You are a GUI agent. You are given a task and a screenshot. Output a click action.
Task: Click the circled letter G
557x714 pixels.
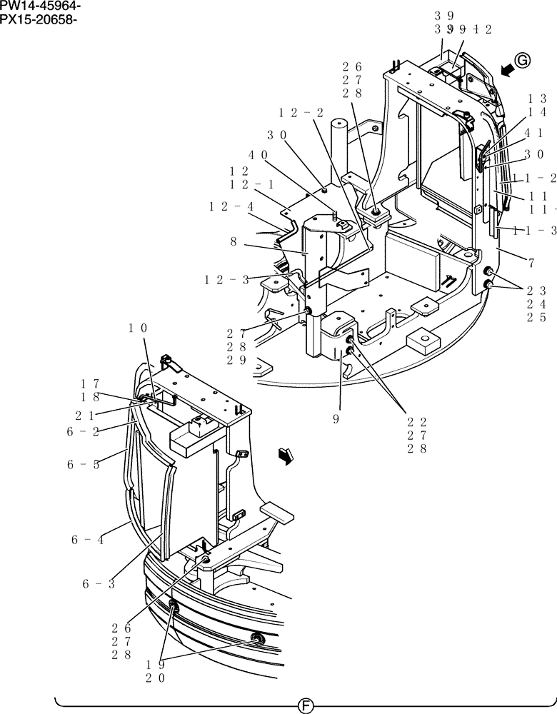522,62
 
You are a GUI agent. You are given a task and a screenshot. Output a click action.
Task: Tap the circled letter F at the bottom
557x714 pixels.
306,705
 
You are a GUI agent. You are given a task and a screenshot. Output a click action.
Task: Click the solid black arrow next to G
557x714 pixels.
506,69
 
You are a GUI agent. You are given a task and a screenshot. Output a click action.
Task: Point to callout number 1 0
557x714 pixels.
138,328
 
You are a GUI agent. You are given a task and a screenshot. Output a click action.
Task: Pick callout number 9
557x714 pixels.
335,420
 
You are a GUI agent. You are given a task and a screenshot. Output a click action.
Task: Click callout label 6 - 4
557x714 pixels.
87,540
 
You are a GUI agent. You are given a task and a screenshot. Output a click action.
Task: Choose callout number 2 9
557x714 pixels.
238,360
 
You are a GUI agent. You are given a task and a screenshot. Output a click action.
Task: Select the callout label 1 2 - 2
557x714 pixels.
301,113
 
